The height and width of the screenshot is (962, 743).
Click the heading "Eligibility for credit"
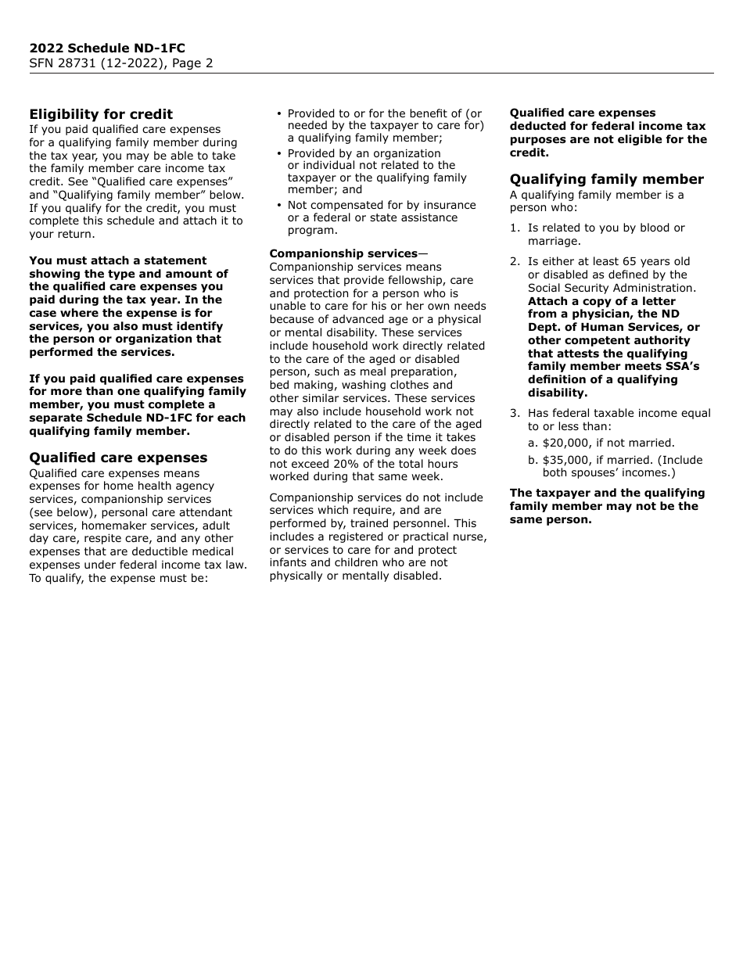click(x=101, y=114)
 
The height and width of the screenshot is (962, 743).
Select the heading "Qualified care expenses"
click(x=118, y=458)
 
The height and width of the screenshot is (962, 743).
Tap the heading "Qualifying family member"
click(x=606, y=179)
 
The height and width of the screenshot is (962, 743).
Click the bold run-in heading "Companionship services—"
click(x=347, y=253)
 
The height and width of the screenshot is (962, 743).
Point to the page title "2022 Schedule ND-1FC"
click(x=107, y=48)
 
